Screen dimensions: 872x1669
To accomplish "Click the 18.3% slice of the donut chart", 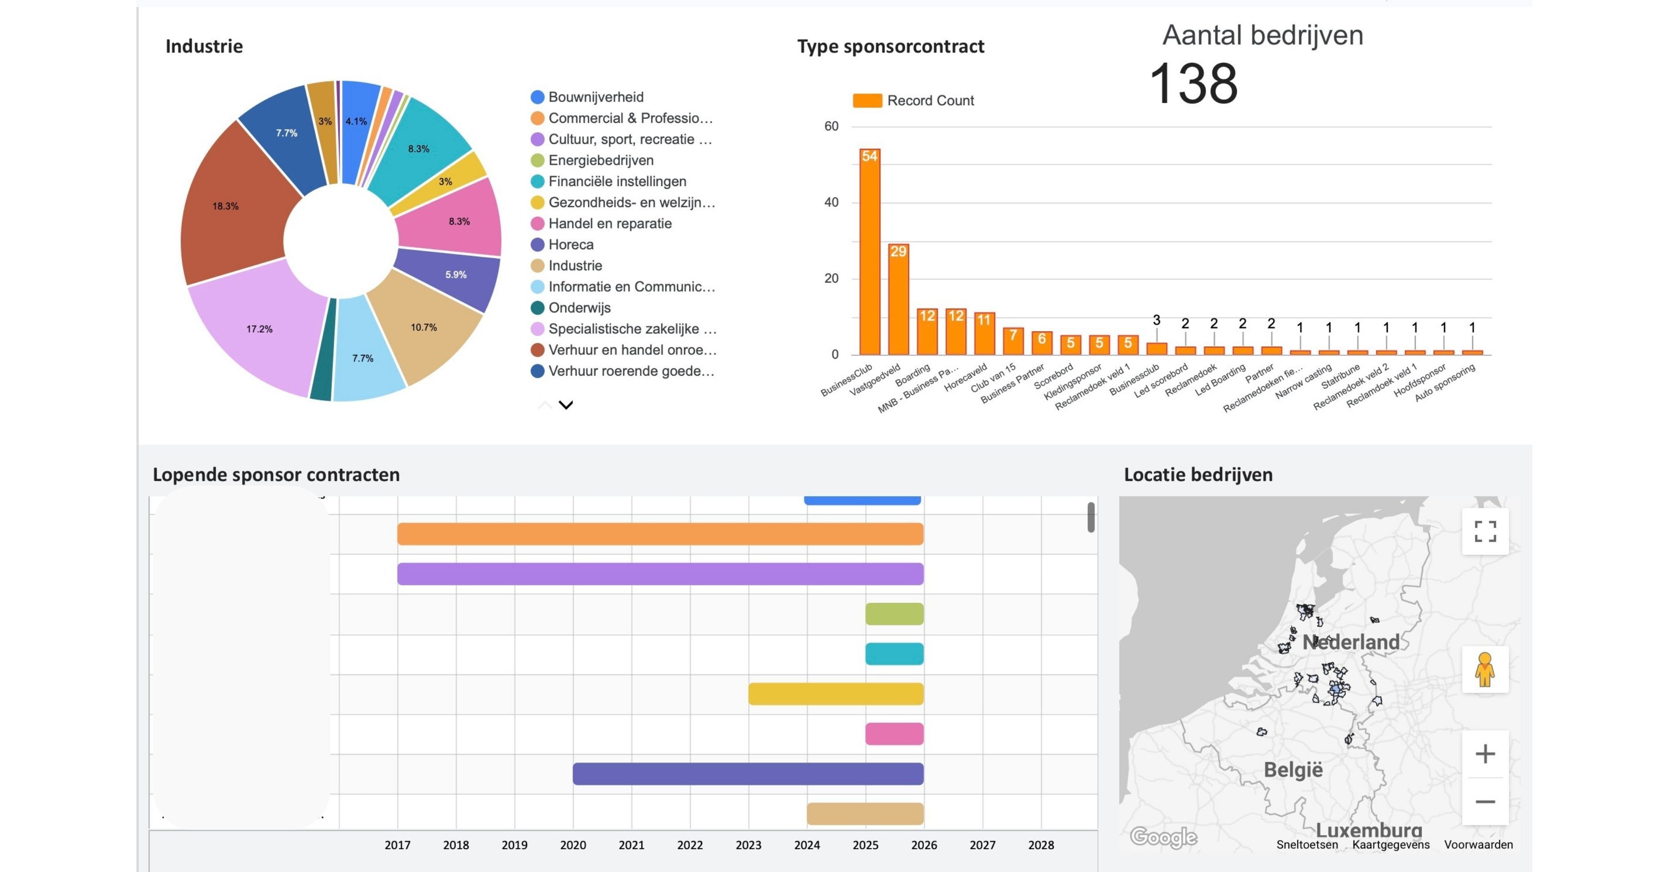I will [227, 207].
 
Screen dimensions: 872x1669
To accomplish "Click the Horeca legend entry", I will [570, 245].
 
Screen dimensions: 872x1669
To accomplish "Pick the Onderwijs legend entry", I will [579, 308].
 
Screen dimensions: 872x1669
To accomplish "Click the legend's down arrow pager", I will [566, 406].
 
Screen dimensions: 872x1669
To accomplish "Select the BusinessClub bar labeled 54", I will [870, 253].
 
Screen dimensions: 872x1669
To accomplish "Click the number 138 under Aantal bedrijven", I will [1193, 84].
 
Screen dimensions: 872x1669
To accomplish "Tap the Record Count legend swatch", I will [867, 101].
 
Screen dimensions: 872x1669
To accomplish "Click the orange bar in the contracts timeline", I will [660, 534].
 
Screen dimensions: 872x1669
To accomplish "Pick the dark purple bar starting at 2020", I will [748, 774].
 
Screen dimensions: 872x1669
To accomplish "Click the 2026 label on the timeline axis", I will [924, 845].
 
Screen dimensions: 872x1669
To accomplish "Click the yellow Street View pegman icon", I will [1485, 669].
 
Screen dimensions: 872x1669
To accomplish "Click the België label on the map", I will [1293, 770].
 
